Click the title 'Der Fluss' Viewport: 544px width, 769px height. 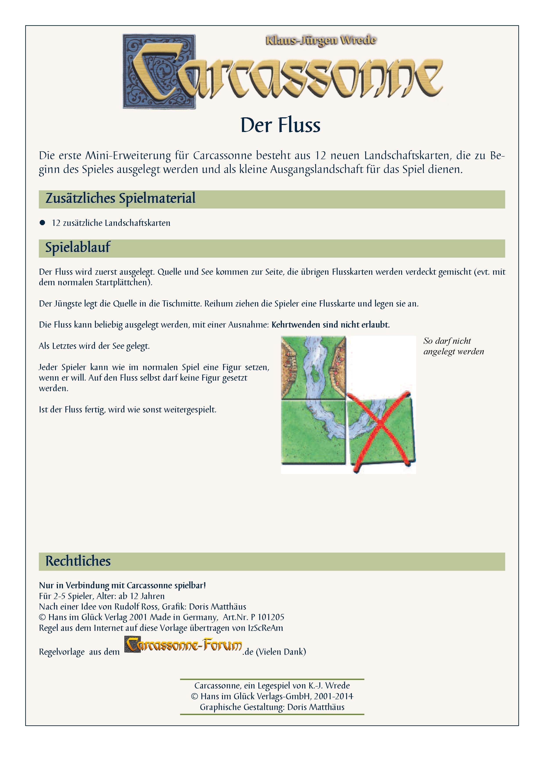tap(280, 125)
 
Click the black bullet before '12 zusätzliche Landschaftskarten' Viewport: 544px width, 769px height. tap(42, 223)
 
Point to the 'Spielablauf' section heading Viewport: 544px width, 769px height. tap(78, 248)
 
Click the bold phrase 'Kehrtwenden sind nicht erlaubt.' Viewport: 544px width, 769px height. tap(330, 325)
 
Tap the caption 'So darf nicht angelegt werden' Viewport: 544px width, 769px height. tap(453, 346)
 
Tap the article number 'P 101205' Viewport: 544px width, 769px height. tap(267, 617)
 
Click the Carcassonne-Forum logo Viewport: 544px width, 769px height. tap(183, 644)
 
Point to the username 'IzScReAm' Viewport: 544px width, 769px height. tap(265, 628)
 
